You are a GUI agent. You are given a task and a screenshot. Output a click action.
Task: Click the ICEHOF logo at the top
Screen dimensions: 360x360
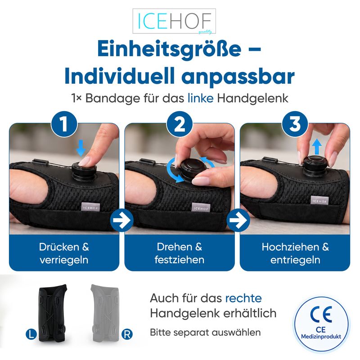point(174,21)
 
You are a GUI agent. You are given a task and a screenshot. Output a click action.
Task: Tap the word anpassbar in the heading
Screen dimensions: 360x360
point(238,77)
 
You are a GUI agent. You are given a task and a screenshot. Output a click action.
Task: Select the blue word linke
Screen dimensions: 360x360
point(200,98)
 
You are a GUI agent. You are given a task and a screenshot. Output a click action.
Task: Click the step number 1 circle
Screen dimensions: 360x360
point(64,124)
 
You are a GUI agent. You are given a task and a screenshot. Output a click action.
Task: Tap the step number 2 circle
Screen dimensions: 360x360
point(180,124)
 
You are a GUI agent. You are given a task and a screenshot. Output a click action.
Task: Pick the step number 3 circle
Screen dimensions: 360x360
point(295,124)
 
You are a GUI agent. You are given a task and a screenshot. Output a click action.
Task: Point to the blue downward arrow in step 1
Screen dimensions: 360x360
point(81,148)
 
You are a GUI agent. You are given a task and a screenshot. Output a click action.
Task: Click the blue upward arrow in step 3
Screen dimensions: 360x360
point(317,146)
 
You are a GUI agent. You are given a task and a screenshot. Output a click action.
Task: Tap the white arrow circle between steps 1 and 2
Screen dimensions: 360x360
point(121,220)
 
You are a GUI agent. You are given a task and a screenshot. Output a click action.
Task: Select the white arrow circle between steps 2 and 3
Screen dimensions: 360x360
point(238,220)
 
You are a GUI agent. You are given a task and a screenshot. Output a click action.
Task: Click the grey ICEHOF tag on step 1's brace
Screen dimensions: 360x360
point(91,207)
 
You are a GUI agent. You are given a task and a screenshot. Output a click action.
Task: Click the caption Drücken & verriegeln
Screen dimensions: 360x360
point(64,253)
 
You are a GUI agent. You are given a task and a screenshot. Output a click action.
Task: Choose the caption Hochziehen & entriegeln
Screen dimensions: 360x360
point(295,253)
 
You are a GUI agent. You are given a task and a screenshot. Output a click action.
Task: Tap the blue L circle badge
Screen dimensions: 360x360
point(31,334)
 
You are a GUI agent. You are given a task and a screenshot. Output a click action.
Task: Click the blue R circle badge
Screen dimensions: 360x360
point(127,334)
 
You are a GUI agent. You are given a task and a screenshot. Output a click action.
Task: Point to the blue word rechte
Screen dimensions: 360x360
point(243,298)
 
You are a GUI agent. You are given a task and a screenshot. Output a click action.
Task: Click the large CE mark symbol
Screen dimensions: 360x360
point(321,314)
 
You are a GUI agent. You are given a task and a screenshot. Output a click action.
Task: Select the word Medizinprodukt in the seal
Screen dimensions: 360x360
point(321,337)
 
